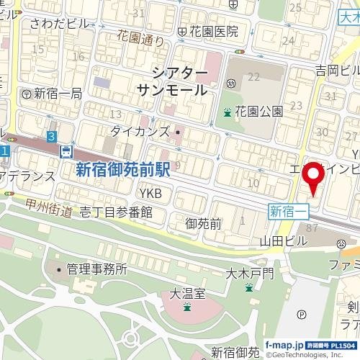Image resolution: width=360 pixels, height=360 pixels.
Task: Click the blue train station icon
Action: (x=66, y=151)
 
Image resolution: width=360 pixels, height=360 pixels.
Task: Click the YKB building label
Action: (x=150, y=194)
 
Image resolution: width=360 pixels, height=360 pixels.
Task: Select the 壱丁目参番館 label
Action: (x=116, y=212)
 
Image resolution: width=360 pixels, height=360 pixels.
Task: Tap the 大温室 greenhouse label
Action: (x=187, y=294)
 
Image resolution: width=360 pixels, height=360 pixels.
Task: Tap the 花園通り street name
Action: (x=140, y=38)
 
